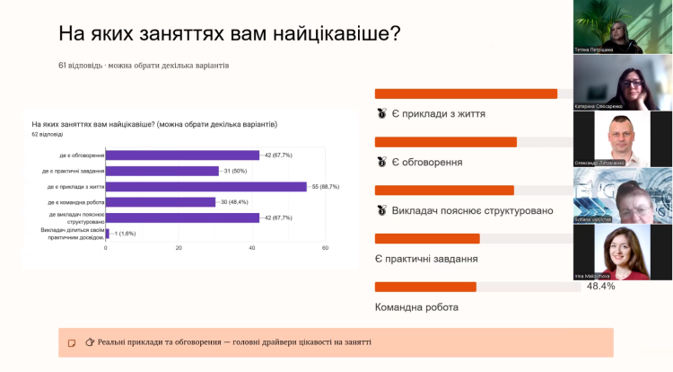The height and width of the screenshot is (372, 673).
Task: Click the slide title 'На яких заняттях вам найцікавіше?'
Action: tap(229, 34)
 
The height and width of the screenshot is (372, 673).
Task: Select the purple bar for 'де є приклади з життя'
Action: tap(206, 186)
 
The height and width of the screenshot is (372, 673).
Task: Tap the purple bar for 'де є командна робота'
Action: tap(161, 202)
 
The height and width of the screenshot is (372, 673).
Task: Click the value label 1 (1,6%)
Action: tap(123, 233)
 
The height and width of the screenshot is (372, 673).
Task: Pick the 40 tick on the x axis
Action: tap(252, 247)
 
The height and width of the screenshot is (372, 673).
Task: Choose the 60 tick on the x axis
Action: tap(325, 247)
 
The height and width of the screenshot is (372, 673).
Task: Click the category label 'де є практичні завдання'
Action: tap(73, 171)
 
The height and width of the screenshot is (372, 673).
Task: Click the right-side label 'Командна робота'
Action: tap(416, 307)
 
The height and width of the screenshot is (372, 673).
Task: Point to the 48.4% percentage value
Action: tap(600, 287)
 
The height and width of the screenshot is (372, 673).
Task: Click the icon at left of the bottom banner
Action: tap(72, 342)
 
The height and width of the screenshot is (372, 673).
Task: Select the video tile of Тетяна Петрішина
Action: tap(623, 27)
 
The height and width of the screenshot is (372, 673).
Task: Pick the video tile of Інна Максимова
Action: tap(623, 252)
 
